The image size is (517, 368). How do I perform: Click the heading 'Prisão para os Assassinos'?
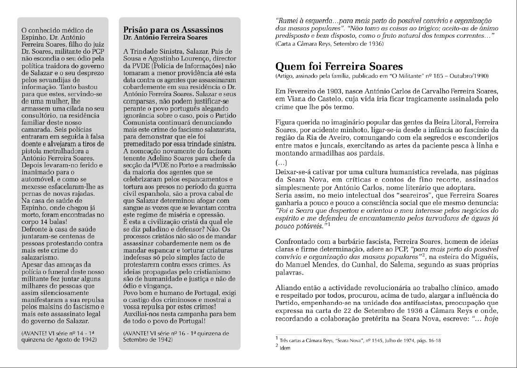click(x=173, y=30)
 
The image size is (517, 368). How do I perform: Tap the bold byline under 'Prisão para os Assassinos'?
click(x=165, y=37)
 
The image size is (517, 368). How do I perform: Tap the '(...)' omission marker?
click(x=282, y=163)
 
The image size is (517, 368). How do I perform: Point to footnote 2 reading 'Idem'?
click(x=284, y=348)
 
